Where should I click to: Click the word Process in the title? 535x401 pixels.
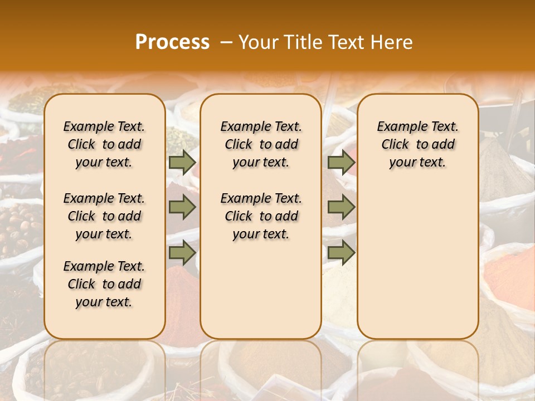[x=172, y=42]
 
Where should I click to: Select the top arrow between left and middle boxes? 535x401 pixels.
[x=182, y=162]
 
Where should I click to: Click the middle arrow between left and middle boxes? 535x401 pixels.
[x=182, y=208]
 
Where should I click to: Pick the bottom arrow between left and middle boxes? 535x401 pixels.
[x=182, y=253]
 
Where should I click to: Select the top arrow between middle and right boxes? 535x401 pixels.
[x=341, y=162]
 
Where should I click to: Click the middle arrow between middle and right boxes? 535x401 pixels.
[x=341, y=208]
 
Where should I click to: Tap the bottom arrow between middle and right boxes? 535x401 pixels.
[x=341, y=253]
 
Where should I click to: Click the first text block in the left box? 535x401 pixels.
[x=104, y=144]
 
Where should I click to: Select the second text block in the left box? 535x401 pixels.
[x=104, y=216]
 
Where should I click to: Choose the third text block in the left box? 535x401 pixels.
[x=104, y=284]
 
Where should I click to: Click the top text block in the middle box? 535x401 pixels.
[x=261, y=144]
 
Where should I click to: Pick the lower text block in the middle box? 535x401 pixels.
[x=261, y=216]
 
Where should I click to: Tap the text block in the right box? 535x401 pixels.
[x=417, y=144]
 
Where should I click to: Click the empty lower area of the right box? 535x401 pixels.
[x=417, y=262]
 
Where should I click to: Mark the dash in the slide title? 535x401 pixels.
[x=226, y=42]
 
